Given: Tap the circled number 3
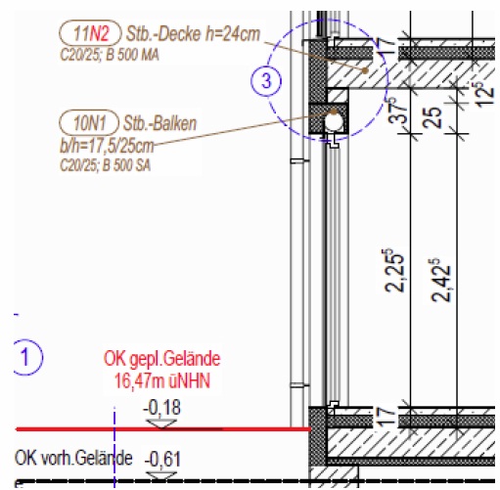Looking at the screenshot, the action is [x=266, y=80].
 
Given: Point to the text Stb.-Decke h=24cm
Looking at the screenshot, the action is [x=193, y=33].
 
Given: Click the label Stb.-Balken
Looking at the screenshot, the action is [x=159, y=123].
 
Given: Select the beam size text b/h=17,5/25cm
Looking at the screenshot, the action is [x=107, y=147].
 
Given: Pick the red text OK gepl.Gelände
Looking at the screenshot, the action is [x=162, y=359].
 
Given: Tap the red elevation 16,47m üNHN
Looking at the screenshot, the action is [x=162, y=380].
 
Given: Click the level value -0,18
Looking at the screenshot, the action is [x=162, y=408].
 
